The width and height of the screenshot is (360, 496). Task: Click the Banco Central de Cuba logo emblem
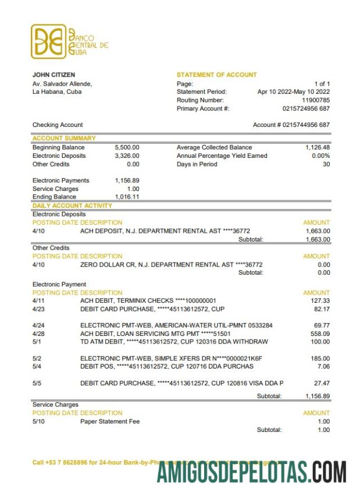[48, 41]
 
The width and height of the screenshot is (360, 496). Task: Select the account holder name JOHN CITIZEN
[54, 75]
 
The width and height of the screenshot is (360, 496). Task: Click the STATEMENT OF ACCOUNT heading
[216, 75]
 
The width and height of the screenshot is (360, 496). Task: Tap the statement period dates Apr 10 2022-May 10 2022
[293, 92]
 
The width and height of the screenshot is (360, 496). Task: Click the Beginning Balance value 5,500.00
[127, 148]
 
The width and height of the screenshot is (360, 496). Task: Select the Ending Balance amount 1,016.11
[127, 197]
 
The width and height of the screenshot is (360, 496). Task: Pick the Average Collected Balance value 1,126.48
[318, 148]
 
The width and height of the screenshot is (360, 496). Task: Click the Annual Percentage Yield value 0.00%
[320, 156]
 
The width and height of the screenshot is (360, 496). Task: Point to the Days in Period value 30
[326, 164]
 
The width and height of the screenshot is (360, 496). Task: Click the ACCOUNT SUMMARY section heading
[64, 139]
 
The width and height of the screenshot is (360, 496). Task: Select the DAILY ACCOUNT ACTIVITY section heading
[72, 206]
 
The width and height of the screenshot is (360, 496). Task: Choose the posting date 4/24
[38, 325]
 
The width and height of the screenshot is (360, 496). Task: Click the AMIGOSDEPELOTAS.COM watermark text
[252, 471]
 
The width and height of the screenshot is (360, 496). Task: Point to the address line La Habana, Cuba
[56, 92]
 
